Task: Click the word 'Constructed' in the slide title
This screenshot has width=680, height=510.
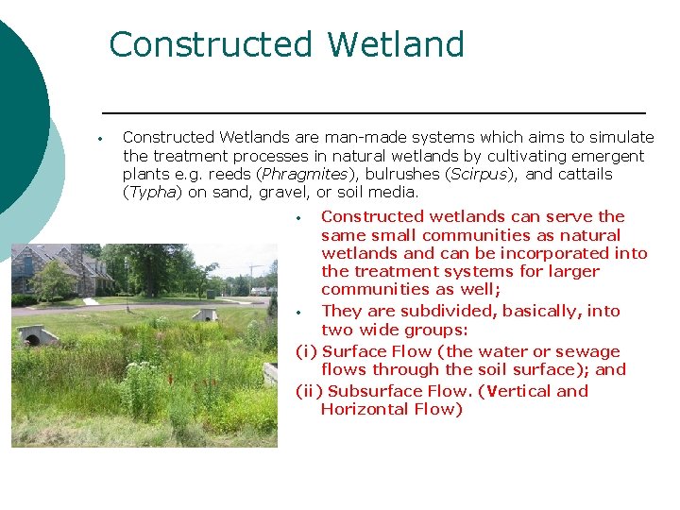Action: click(211, 44)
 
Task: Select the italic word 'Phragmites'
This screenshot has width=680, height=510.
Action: click(305, 175)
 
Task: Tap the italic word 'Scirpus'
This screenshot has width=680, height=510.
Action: click(481, 175)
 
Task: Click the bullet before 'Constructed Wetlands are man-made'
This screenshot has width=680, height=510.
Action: click(99, 139)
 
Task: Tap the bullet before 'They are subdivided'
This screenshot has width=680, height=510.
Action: click(298, 312)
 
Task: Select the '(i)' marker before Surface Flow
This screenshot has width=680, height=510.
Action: click(306, 352)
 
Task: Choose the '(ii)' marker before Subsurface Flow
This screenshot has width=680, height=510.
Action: click(309, 391)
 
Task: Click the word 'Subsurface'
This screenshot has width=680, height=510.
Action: click(374, 391)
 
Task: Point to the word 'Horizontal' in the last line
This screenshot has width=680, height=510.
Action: click(363, 409)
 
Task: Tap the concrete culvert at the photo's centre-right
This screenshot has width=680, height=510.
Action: click(206, 314)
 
